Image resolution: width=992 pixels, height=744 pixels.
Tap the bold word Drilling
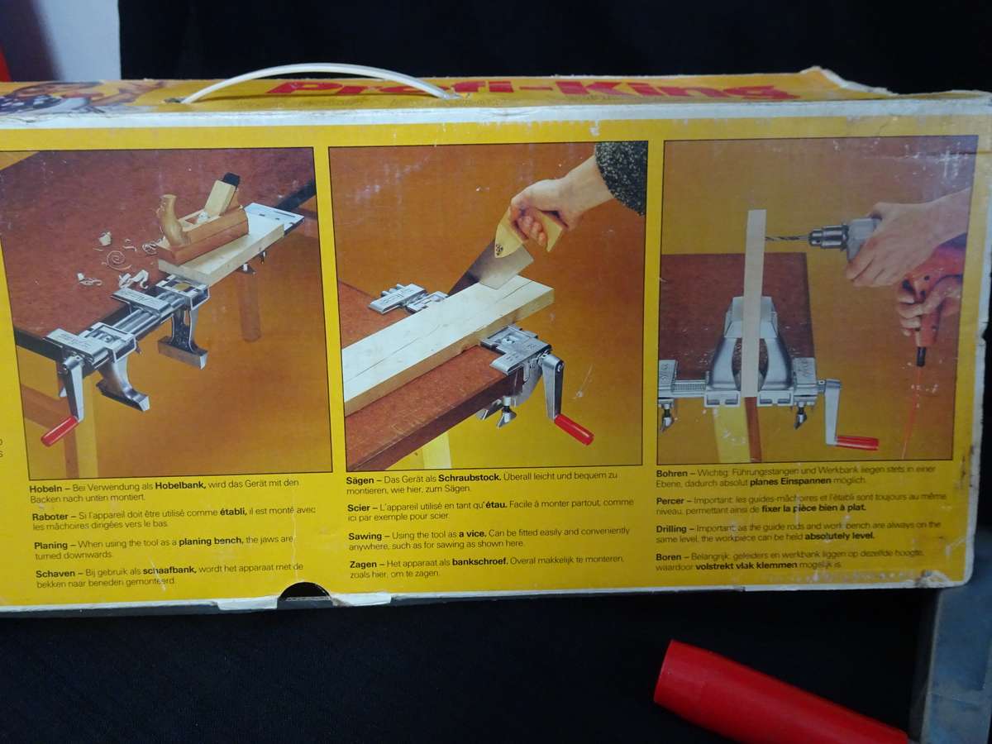tap(673, 527)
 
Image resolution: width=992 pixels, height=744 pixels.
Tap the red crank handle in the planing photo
tap(60, 431)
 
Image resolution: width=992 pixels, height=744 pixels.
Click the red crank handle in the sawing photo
tap(573, 429)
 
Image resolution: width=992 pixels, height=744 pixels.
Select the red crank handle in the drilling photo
tap(856, 442)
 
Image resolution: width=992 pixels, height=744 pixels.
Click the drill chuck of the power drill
tap(827, 237)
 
